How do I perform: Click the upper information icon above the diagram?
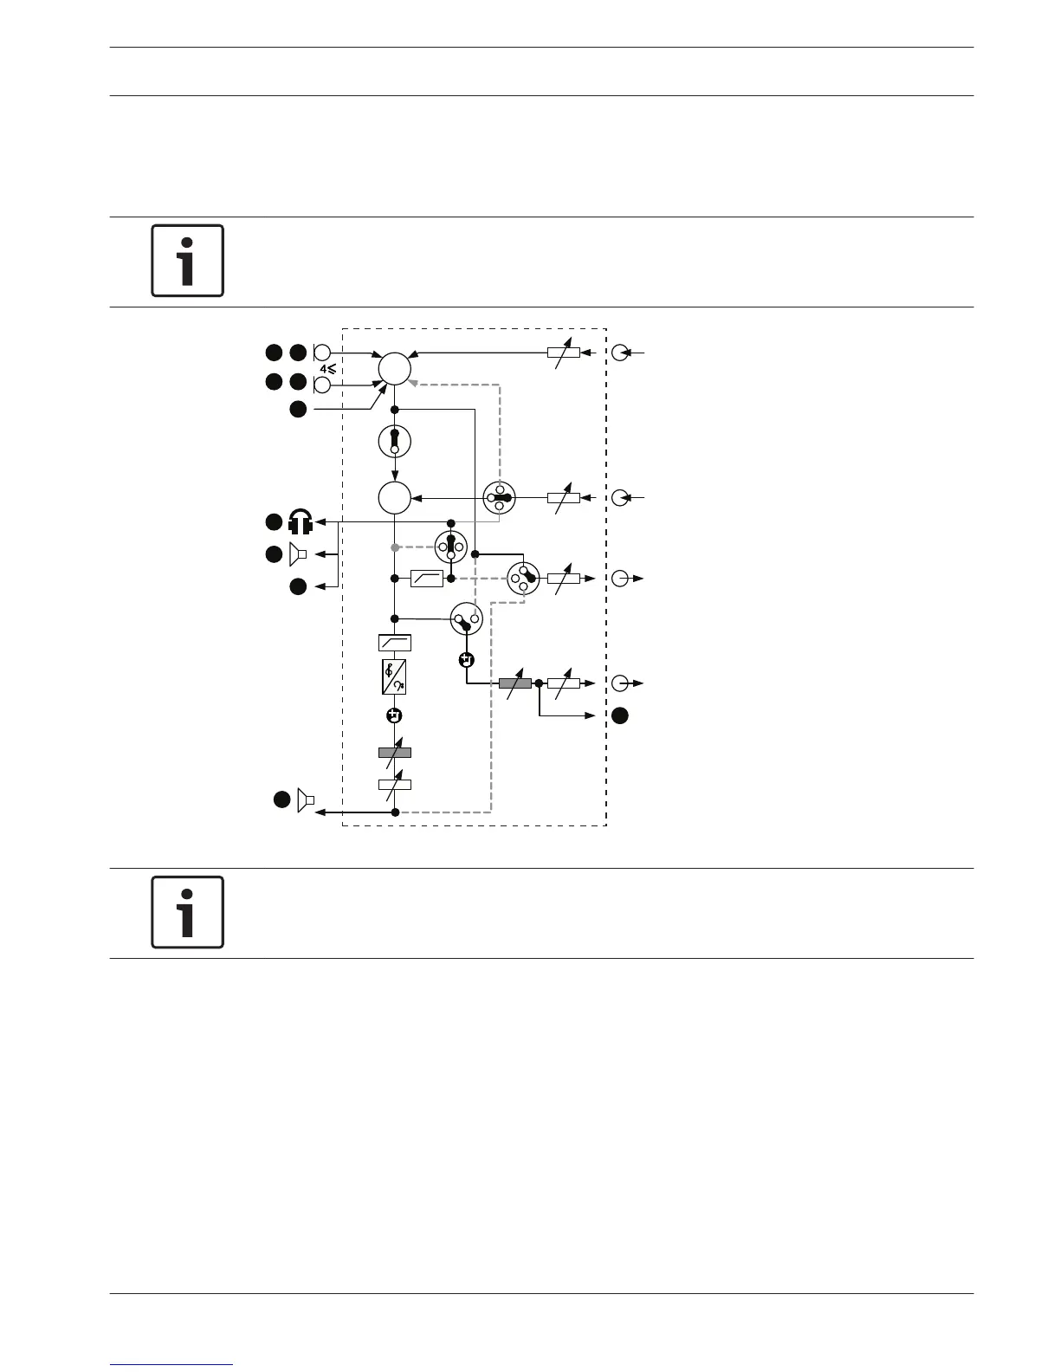187,261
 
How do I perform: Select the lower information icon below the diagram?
187,912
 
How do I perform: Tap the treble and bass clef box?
394,676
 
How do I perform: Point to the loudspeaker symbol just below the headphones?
298,553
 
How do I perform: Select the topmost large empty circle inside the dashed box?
394,368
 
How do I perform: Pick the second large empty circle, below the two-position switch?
394,498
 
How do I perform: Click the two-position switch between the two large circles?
394,441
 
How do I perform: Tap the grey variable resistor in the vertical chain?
395,752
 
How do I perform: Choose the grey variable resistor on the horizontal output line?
515,683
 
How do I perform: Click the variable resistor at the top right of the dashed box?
564,353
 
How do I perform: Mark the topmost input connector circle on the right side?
620,353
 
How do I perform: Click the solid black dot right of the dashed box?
620,715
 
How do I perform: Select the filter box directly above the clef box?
394,643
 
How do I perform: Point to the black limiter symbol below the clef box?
394,715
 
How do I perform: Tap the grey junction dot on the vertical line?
395,547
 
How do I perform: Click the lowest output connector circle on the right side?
620,683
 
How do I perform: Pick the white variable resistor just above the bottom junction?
395,785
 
